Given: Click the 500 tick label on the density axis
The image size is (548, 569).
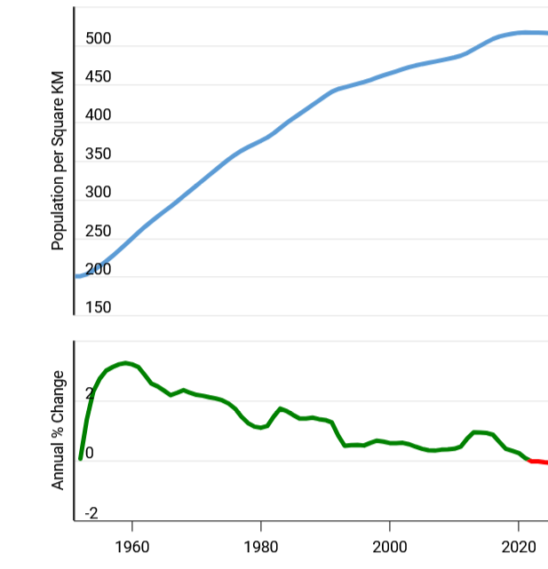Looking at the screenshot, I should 99,39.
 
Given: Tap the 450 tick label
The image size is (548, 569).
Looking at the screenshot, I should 99,77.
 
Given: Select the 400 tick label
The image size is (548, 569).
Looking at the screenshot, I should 99,115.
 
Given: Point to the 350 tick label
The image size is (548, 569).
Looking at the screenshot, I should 99,154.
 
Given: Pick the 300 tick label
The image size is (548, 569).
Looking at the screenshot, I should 99,193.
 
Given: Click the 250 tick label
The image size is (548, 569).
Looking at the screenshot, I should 99,231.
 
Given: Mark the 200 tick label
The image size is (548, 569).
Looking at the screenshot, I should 99,270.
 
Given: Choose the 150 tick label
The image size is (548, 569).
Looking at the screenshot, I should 99,308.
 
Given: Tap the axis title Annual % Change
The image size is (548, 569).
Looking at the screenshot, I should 59,430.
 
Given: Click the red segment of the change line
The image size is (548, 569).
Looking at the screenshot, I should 539,462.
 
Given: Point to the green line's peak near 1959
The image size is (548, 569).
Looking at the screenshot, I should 126,362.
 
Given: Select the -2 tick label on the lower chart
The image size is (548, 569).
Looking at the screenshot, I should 91,513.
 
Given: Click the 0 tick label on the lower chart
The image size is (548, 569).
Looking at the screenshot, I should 89,454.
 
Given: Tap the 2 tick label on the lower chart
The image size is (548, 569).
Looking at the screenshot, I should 89,394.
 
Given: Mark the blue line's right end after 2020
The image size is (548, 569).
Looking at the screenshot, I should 544,33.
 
